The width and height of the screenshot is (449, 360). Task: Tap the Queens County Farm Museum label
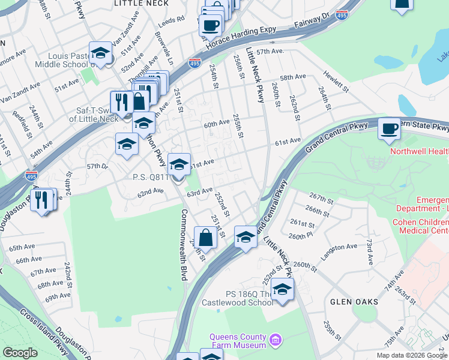pyautogui.click(x=238, y=341)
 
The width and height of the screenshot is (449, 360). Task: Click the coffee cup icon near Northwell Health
pyautogui.click(x=389, y=128)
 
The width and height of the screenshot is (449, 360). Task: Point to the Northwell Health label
pyautogui.click(x=419, y=152)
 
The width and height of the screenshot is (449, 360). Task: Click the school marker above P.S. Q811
pyautogui.click(x=178, y=164)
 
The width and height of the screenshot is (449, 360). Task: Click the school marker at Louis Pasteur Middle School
pyautogui.click(x=101, y=53)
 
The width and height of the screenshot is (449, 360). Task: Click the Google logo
pyautogui.click(x=20, y=352)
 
